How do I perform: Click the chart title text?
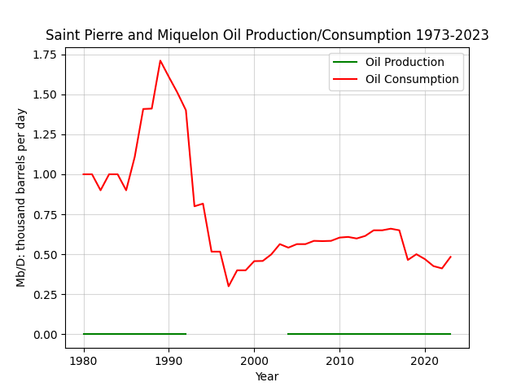267,35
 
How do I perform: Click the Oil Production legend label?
405,62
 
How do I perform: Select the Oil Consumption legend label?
412,80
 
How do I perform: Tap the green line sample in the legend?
345,62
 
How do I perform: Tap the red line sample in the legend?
345,80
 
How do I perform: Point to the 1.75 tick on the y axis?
45,55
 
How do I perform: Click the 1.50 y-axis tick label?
45,94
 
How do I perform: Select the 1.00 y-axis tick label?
45,174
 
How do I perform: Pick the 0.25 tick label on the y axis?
45,295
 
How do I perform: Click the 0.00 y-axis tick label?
45,335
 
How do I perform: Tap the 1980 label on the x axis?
84,361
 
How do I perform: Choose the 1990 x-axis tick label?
169,361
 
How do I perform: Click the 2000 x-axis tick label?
254,361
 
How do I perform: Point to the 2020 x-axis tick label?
425,361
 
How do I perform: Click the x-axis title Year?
267,376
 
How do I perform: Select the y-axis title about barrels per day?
21,198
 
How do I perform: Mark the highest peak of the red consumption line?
160,60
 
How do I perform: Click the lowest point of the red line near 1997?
229,286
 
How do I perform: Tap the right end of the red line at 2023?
450,257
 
